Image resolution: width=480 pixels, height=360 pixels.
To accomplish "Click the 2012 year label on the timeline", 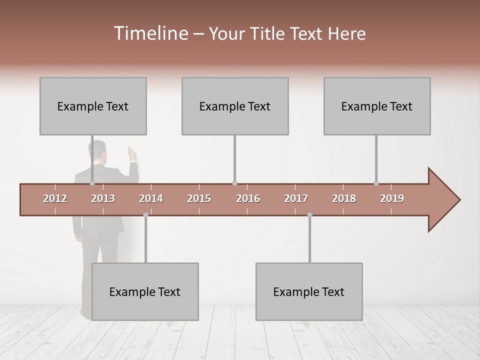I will tap(55, 198).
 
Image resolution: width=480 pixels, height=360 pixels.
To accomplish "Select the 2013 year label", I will tap(103, 198).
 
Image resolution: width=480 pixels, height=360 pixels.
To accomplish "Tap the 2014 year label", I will tap(151, 198).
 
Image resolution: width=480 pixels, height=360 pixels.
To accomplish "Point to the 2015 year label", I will tap(199, 198).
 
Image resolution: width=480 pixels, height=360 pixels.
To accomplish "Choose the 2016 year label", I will tap(248, 198).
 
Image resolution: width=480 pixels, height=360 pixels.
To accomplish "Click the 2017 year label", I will tap(296, 198).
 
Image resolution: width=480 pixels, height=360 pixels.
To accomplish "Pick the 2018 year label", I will tap(344, 198).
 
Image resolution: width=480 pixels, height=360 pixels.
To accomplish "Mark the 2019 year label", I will tap(392, 198).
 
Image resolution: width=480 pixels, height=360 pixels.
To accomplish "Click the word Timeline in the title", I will tap(150, 33).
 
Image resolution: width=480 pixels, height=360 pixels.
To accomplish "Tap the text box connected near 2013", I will tap(93, 106).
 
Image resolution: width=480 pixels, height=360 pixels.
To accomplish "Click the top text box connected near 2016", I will tap(235, 106).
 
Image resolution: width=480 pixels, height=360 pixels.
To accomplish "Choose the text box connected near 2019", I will tap(377, 106).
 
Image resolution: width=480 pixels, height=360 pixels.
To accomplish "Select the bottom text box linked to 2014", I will tap(145, 291).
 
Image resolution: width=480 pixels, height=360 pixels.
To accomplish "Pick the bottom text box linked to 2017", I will tap(309, 291).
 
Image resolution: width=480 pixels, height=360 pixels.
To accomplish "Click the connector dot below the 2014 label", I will tap(145, 215).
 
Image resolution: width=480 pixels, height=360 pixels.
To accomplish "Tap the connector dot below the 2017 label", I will tap(309, 215).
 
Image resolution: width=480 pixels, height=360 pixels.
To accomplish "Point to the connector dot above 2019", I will tap(376, 183).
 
